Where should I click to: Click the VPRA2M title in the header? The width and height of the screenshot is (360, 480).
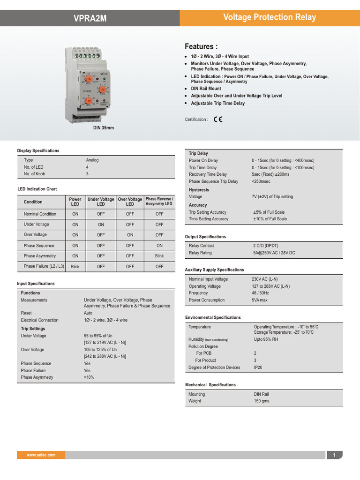(90, 18)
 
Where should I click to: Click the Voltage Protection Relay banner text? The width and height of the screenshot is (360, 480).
(270, 18)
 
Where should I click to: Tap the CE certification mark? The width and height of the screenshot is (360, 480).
(218, 119)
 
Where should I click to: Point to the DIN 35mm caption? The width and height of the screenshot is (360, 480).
(104, 127)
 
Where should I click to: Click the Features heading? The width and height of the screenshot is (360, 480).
(201, 46)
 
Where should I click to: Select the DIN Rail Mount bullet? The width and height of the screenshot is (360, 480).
(206, 88)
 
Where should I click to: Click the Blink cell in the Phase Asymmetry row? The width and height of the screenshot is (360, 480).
(159, 256)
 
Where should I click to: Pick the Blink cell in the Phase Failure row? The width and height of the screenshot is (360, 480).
(75, 266)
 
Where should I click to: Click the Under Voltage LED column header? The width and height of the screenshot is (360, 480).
(101, 202)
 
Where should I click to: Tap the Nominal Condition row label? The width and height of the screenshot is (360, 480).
(40, 214)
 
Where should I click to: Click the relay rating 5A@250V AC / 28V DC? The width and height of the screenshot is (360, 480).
(274, 253)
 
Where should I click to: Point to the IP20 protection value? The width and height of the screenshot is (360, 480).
(258, 367)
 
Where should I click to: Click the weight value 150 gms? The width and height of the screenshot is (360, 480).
(262, 401)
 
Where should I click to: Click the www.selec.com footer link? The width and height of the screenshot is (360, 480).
(41, 455)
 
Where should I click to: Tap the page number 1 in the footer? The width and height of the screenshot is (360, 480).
(334, 455)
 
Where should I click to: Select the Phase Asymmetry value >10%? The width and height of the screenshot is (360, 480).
(89, 377)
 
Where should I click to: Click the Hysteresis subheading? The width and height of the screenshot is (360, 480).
(199, 190)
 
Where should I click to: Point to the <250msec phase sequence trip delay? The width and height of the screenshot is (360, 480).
(261, 181)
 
